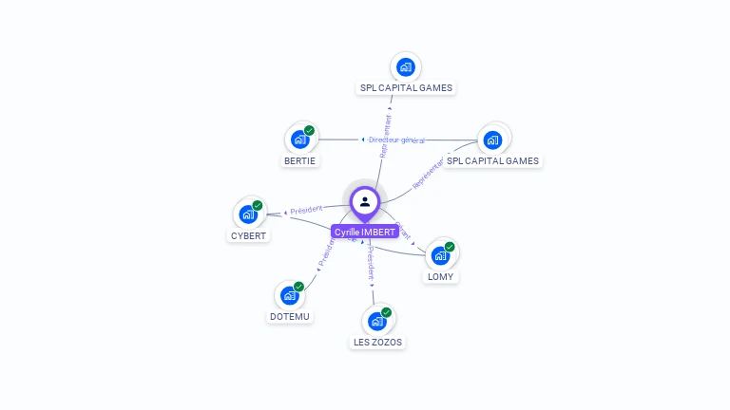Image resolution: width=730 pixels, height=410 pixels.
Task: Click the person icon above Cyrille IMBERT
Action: click(x=365, y=201)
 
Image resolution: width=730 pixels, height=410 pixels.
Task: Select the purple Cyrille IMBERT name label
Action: click(x=365, y=232)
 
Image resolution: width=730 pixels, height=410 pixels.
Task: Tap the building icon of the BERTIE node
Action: click(x=300, y=140)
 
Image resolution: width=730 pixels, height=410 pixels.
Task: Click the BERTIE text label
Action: click(x=300, y=160)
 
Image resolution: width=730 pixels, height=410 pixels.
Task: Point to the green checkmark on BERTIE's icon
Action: click(x=309, y=131)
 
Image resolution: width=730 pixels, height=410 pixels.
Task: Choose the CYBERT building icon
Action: click(x=248, y=214)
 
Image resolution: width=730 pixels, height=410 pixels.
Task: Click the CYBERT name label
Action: click(x=249, y=235)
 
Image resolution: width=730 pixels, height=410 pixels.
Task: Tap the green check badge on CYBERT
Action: click(x=257, y=206)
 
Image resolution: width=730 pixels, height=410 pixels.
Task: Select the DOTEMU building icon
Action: click(x=289, y=295)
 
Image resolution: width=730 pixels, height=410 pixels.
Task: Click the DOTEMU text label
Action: click(x=290, y=316)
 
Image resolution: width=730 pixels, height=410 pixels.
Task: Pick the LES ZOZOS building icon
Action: click(x=377, y=321)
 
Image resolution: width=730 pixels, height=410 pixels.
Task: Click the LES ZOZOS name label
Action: click(x=377, y=342)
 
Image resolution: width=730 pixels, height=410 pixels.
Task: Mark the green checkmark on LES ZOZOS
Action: click(x=386, y=312)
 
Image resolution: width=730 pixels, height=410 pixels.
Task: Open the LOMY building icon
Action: click(x=440, y=255)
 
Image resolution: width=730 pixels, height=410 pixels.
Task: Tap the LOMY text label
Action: click(x=440, y=276)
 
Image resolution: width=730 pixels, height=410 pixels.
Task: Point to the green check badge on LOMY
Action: click(x=450, y=247)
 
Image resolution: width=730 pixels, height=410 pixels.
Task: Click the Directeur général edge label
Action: click(x=396, y=140)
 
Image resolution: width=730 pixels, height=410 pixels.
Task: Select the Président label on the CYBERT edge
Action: click(x=306, y=210)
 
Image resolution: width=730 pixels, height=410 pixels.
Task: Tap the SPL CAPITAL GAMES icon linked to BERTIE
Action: click(x=492, y=140)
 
